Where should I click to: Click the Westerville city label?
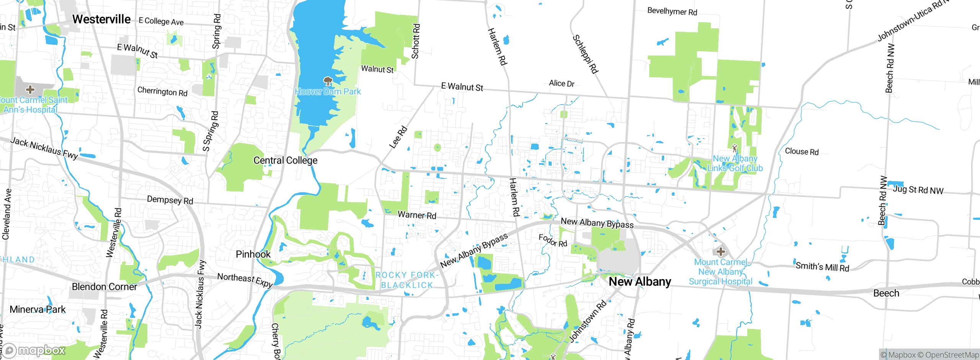101,19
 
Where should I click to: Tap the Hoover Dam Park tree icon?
328,81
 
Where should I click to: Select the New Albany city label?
640,281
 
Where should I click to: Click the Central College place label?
285,160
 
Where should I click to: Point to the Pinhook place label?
253,254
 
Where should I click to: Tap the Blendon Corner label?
104,287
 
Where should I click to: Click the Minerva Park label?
38,309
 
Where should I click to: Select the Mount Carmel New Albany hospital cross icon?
720,252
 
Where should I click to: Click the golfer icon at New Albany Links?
734,148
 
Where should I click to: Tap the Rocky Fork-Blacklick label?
407,280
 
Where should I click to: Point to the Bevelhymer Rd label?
672,11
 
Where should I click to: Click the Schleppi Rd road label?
585,54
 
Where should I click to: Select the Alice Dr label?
562,83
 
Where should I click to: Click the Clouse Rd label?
802,152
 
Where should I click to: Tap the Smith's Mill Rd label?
822,267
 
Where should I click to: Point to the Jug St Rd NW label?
918,190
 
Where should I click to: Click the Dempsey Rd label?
170,200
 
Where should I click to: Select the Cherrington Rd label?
162,92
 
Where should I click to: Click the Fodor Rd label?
553,240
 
